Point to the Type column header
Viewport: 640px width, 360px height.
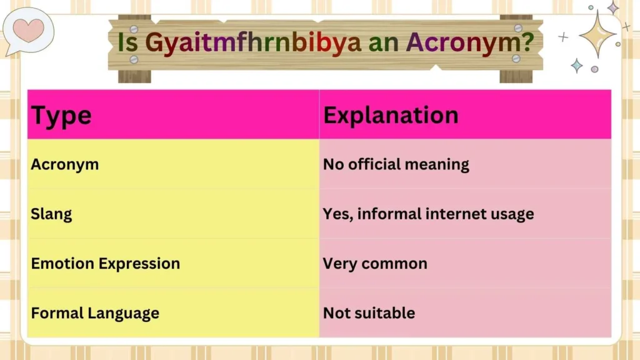point(61,116)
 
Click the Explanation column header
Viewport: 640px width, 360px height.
point(391,115)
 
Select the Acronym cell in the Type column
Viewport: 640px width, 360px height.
point(65,164)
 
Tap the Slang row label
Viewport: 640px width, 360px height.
point(51,214)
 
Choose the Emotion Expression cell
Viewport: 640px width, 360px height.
point(105,263)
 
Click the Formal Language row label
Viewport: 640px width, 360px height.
point(95,312)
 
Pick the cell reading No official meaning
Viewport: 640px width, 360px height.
point(396,164)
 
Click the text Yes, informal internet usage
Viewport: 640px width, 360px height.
point(428,214)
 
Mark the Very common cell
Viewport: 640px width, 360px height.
point(375,263)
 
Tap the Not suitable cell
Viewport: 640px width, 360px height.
point(369,312)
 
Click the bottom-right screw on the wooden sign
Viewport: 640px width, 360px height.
point(516,58)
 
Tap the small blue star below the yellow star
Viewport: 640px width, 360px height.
point(577,66)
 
